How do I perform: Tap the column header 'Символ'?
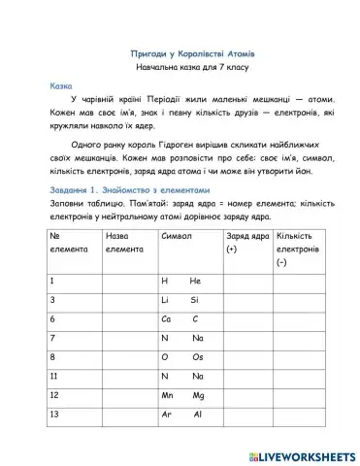click(x=176, y=236)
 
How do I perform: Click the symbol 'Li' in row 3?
click(x=166, y=299)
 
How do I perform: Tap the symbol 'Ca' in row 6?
click(x=167, y=318)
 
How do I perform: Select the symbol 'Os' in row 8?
click(x=197, y=356)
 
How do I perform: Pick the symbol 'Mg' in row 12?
click(x=198, y=395)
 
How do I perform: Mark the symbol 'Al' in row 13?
click(x=196, y=415)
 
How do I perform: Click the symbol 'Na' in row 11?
click(x=197, y=376)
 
